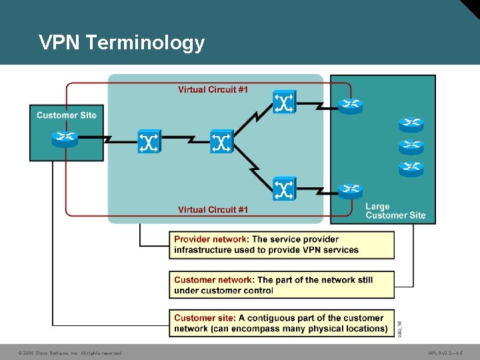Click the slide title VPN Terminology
click(x=121, y=43)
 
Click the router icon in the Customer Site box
click(x=65, y=139)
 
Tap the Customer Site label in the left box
click(x=67, y=115)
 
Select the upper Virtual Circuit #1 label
click(x=213, y=89)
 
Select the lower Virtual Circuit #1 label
click(x=213, y=209)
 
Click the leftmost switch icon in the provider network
click(x=149, y=141)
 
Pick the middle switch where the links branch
click(x=221, y=141)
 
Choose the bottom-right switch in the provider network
click(x=285, y=189)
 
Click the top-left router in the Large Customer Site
click(x=350, y=105)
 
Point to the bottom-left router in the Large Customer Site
click(x=350, y=191)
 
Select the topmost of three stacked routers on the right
click(x=411, y=124)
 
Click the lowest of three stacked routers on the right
click(x=411, y=168)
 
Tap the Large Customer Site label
click(x=395, y=211)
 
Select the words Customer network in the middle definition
click(x=213, y=280)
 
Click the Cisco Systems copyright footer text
click(x=70, y=353)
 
